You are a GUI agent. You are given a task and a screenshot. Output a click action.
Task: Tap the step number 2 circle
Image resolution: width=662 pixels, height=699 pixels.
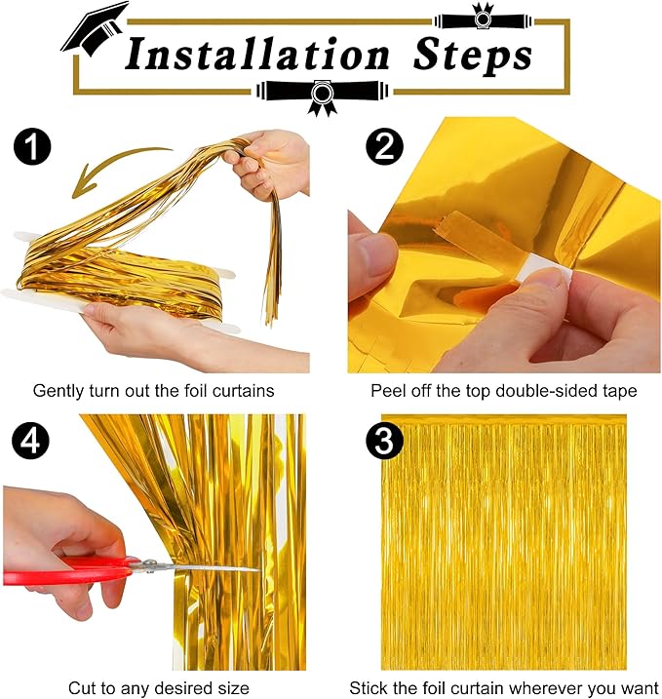click(x=384, y=149)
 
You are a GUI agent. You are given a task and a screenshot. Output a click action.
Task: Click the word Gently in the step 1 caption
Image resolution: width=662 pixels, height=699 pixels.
click(x=61, y=391)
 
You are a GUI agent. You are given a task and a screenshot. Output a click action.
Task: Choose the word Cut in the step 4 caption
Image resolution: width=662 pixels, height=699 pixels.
click(x=82, y=688)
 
